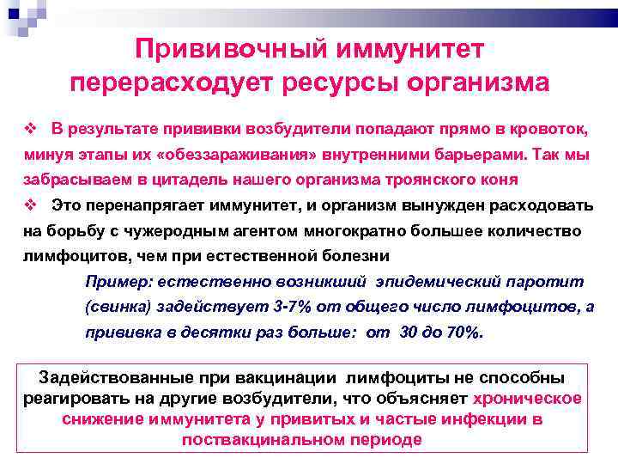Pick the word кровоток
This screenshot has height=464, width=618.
coord(548,130)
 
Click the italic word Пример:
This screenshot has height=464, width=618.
coord(117,281)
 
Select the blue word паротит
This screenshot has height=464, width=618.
coord(544,281)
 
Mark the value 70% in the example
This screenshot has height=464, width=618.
coord(463,333)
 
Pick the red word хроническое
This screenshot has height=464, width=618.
coord(527,398)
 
